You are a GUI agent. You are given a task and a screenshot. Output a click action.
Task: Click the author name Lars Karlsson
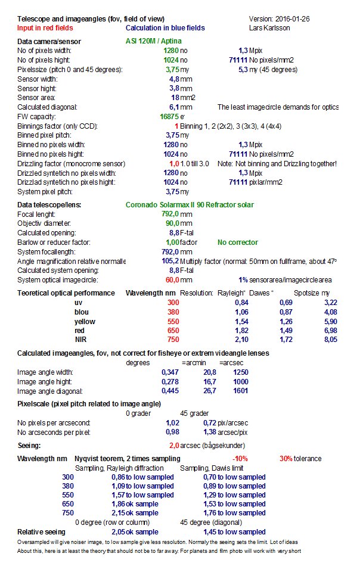tap(272, 28)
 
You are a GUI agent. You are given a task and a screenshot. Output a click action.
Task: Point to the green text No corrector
tap(238, 242)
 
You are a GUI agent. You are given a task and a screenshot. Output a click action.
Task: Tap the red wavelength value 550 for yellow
tap(172, 321)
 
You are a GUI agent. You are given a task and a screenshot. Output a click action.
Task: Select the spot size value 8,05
tap(331, 340)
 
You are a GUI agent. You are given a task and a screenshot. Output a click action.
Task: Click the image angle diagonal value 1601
tap(241, 391)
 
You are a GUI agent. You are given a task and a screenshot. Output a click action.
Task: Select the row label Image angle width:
tap(45, 372)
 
